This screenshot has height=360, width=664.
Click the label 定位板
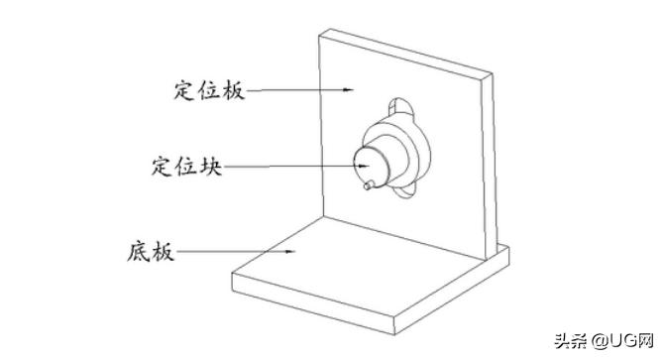point(203,90)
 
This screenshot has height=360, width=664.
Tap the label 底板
point(153,251)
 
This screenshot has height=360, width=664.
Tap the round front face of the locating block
point(364,165)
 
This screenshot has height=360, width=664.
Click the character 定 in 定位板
point(178,90)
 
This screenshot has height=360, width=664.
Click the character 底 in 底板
point(140,251)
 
